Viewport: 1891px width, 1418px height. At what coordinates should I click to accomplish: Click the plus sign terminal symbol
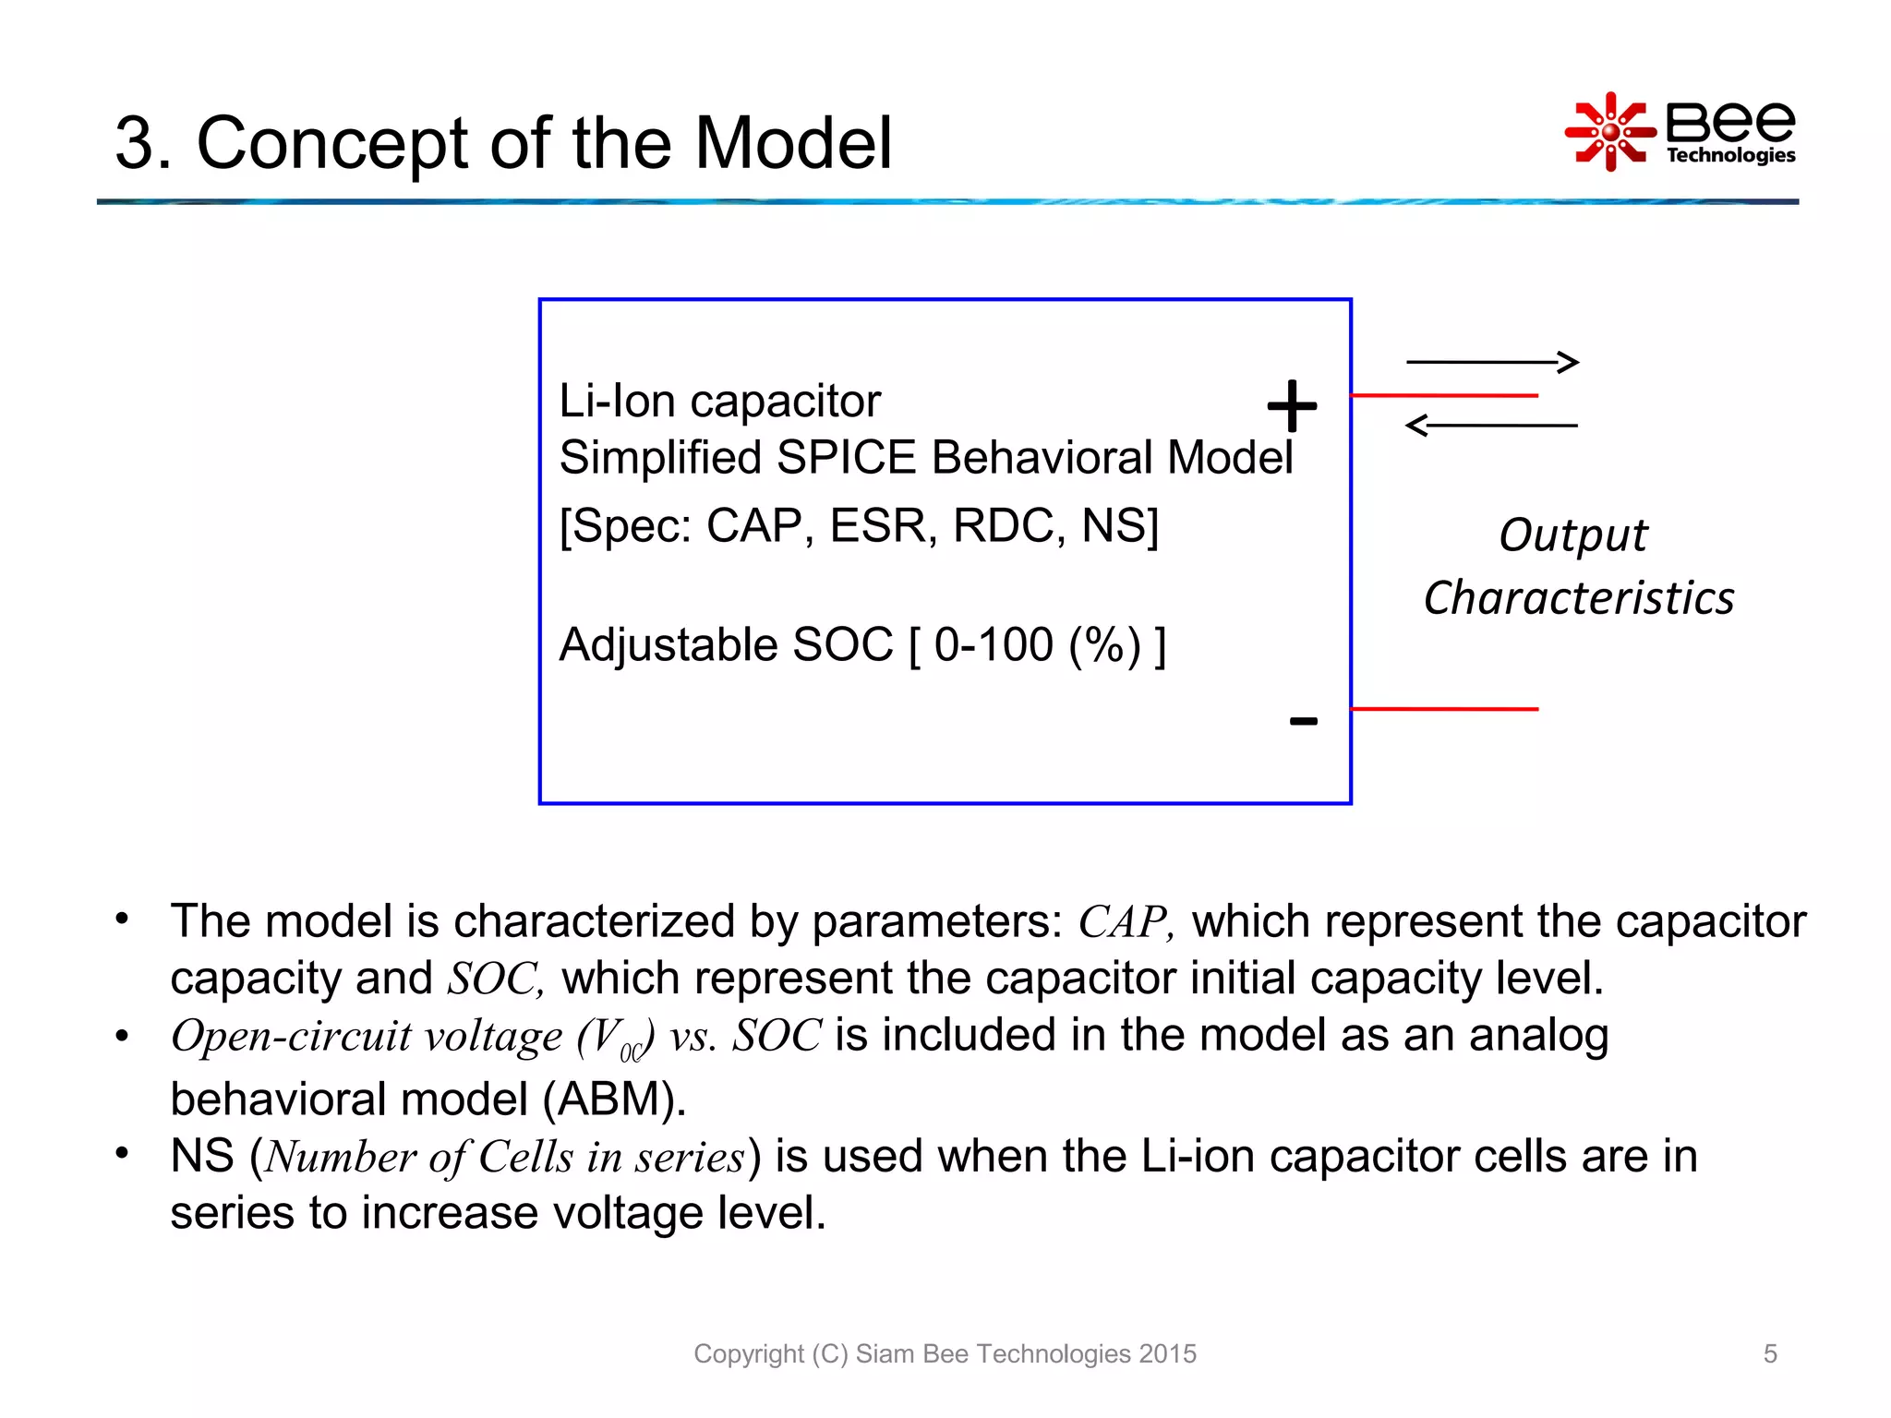[1292, 405]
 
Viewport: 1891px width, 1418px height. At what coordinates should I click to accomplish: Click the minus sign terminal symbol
[1303, 721]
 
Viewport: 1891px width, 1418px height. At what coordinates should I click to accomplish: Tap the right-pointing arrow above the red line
[1492, 362]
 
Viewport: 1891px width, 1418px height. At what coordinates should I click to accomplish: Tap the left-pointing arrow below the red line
[1490, 426]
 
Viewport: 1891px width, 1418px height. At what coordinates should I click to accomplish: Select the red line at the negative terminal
[1444, 709]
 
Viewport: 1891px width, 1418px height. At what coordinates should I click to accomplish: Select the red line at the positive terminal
[1444, 395]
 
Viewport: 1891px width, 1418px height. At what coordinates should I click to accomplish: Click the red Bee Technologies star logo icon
[1610, 132]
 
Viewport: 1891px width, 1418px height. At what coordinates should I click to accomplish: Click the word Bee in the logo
[1730, 121]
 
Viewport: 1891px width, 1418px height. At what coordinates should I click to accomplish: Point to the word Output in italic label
[1572, 535]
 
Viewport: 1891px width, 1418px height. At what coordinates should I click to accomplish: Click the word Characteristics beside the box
[1578, 598]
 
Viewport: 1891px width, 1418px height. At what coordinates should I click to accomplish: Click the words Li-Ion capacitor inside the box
[719, 402]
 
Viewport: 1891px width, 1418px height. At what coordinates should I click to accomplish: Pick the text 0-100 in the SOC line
[994, 644]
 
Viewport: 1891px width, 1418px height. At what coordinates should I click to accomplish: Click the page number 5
[1769, 1353]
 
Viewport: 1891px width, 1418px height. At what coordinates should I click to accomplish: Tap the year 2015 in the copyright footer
[1167, 1353]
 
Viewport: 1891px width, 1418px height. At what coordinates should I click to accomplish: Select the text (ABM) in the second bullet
[613, 1099]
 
